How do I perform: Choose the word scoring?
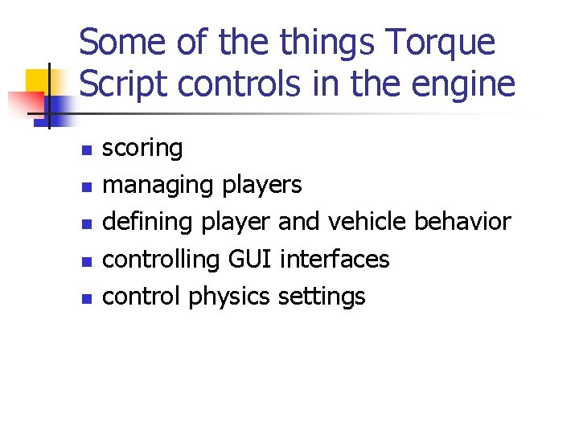[143, 149]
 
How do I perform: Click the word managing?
[158, 186]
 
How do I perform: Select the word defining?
[150, 223]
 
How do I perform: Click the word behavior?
[466, 223]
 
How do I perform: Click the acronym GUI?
[249, 260]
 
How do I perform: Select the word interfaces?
[335, 260]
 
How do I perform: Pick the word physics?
[229, 297]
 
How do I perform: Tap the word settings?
[322, 297]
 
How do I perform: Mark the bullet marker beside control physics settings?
[88, 298]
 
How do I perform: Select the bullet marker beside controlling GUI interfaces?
[88, 261]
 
